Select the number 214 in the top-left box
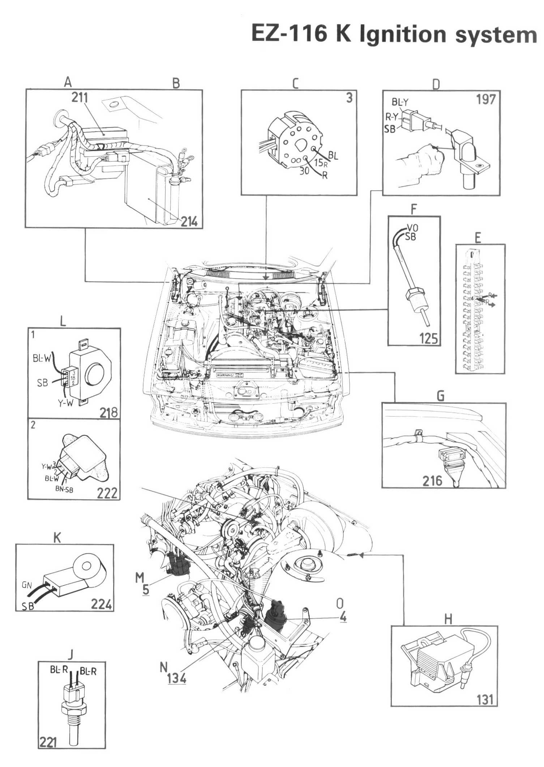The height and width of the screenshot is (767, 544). pyautogui.click(x=189, y=221)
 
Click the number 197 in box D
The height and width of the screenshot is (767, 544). pyautogui.click(x=485, y=99)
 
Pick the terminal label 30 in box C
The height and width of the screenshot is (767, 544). pyautogui.click(x=304, y=171)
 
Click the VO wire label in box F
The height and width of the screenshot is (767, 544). pyautogui.click(x=412, y=228)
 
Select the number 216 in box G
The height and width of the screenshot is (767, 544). pyautogui.click(x=432, y=481)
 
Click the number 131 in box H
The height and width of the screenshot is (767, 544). pyautogui.click(x=485, y=700)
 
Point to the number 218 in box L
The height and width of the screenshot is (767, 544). pyautogui.click(x=108, y=413)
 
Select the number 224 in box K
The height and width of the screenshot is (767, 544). pyautogui.click(x=101, y=604)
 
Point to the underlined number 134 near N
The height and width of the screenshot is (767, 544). pyautogui.click(x=177, y=678)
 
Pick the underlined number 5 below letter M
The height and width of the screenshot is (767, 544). pyautogui.click(x=146, y=589)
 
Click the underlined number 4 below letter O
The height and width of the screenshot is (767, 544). pyautogui.click(x=343, y=617)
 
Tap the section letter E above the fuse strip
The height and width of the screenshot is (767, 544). pyautogui.click(x=478, y=238)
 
